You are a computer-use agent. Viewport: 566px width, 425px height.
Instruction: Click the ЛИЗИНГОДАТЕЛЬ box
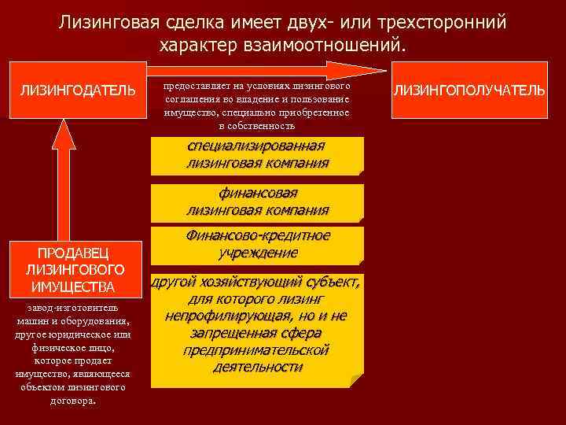tap(77, 89)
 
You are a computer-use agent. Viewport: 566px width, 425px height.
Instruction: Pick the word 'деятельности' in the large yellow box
tap(256, 367)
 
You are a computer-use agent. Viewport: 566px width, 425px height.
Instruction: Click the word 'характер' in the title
tap(204, 45)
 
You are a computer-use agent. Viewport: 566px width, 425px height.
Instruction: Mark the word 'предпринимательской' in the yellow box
tap(256, 350)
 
